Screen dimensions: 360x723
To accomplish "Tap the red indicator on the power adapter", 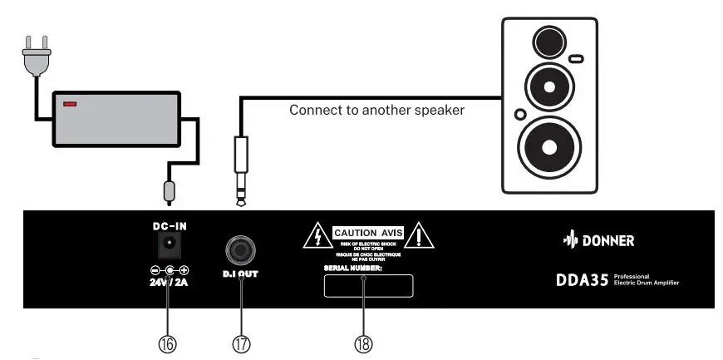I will [70, 104].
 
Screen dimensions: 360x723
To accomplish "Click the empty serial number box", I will [368, 286].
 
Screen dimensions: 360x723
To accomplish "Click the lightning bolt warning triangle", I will [318, 236].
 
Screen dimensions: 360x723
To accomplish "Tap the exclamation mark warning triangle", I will [421, 236].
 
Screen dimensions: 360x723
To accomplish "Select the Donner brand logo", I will [598, 241].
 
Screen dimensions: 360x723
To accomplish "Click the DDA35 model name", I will [582, 280].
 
